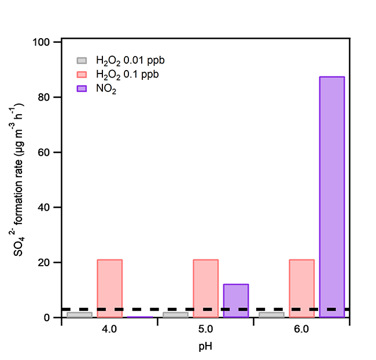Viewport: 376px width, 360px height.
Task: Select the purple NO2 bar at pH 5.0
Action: [236, 300]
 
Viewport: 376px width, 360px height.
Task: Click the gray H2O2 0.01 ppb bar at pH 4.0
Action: [79, 315]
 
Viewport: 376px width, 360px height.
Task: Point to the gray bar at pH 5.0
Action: [175, 315]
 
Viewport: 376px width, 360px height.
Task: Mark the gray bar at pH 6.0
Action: [271, 315]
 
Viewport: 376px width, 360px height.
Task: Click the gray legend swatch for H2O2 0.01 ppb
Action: [83, 60]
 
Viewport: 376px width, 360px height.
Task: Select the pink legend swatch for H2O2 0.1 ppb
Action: [83, 74]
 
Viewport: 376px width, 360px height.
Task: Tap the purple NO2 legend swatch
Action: [83, 89]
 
